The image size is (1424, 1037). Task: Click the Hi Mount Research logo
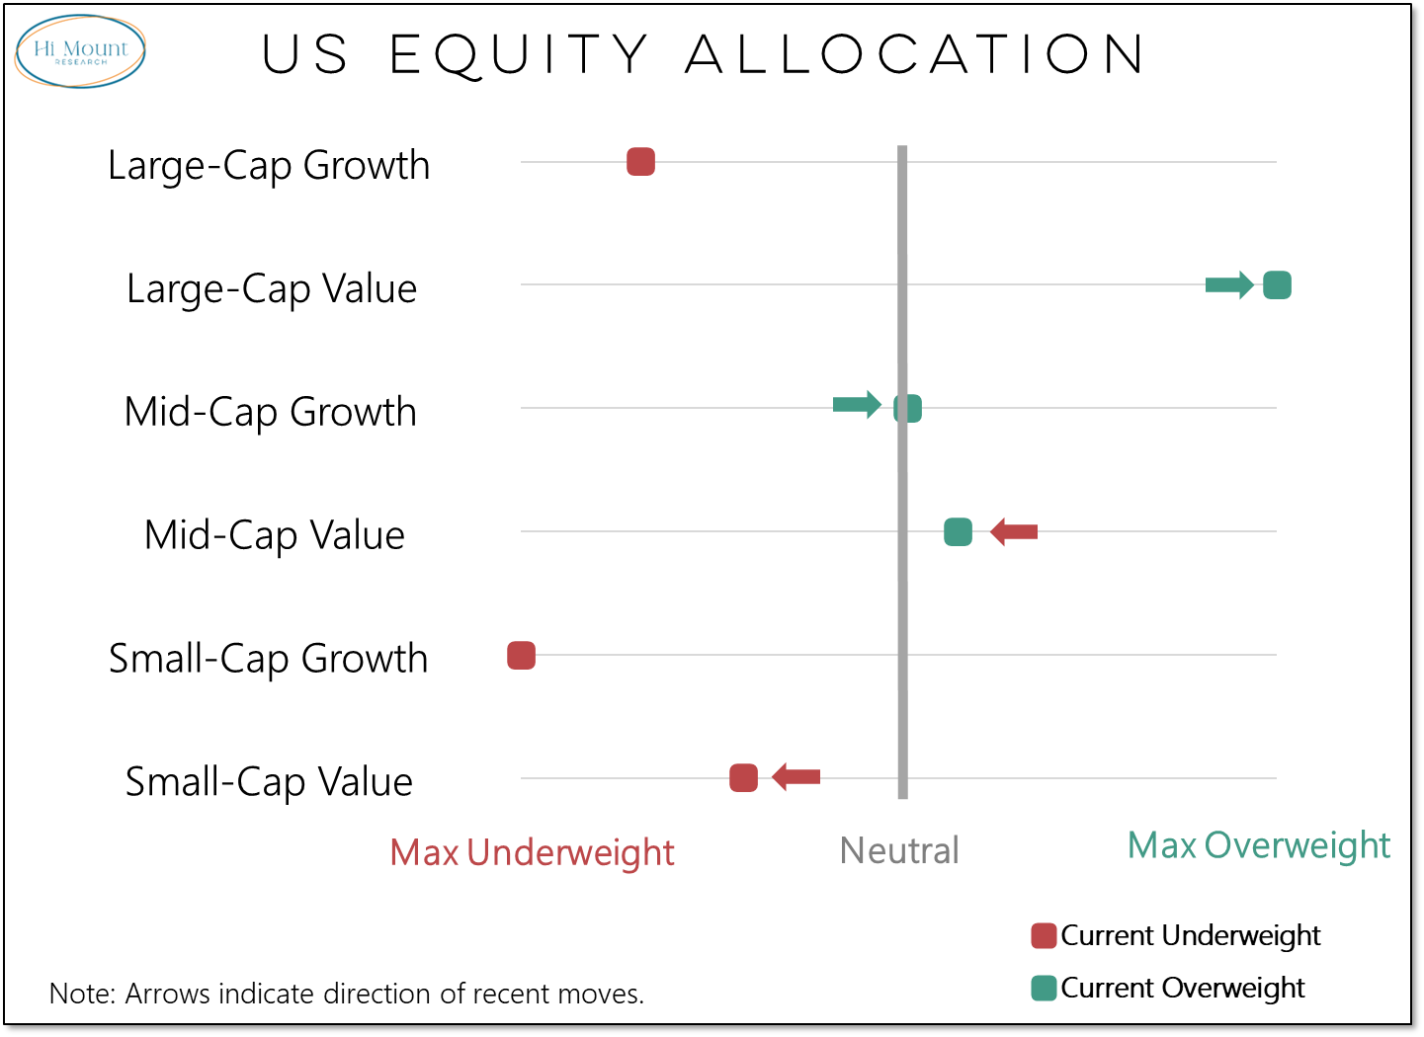pos(80,51)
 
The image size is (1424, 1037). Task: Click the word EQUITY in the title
pos(519,54)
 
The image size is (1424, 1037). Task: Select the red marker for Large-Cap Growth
pos(640,161)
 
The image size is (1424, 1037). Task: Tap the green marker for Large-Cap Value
pos(1277,284)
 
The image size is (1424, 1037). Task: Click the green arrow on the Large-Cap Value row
pos(1229,285)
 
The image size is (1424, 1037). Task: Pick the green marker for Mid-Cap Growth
pos(907,408)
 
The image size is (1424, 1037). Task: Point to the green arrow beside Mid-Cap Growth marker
pos(857,404)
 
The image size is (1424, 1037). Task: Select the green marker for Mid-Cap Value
pos(958,531)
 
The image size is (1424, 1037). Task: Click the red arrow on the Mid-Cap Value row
pos(1014,531)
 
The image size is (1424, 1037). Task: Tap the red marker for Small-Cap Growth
pos(521,655)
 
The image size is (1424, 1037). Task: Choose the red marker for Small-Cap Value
pos(743,777)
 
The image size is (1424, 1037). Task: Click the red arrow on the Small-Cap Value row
pos(796,777)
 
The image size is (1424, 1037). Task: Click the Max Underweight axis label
pos(532,852)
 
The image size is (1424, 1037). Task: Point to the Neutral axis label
pos(898,850)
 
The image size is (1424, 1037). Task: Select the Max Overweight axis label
pos(1258,845)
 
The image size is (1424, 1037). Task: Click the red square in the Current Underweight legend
pos(1044,935)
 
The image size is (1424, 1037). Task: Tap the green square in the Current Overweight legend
pos(1044,988)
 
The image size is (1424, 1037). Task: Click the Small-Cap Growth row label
pos(268,659)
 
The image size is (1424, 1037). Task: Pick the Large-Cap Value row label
pos(272,289)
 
